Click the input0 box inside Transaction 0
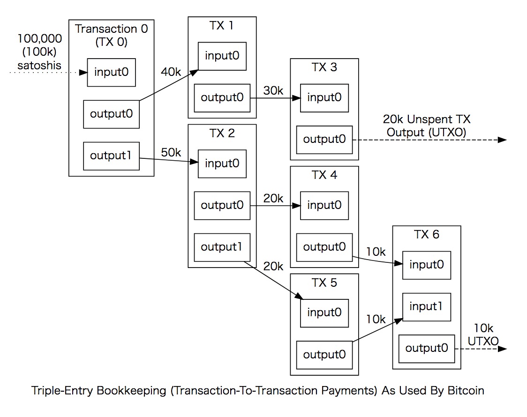tap(111, 73)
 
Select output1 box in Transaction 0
tap(111, 156)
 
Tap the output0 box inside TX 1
tap(222, 98)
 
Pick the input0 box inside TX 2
tap(222, 164)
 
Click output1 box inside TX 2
tap(222, 247)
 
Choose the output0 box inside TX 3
tap(324, 140)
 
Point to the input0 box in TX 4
tap(324, 205)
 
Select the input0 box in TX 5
tap(324, 313)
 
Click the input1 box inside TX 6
tap(427, 307)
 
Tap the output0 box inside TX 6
tap(427, 349)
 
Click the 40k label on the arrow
tap(171, 72)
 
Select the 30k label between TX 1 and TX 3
tap(273, 91)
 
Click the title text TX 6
tap(427, 234)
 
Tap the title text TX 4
tap(324, 175)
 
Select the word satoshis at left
tap(39, 65)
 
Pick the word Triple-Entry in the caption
tap(60, 390)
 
